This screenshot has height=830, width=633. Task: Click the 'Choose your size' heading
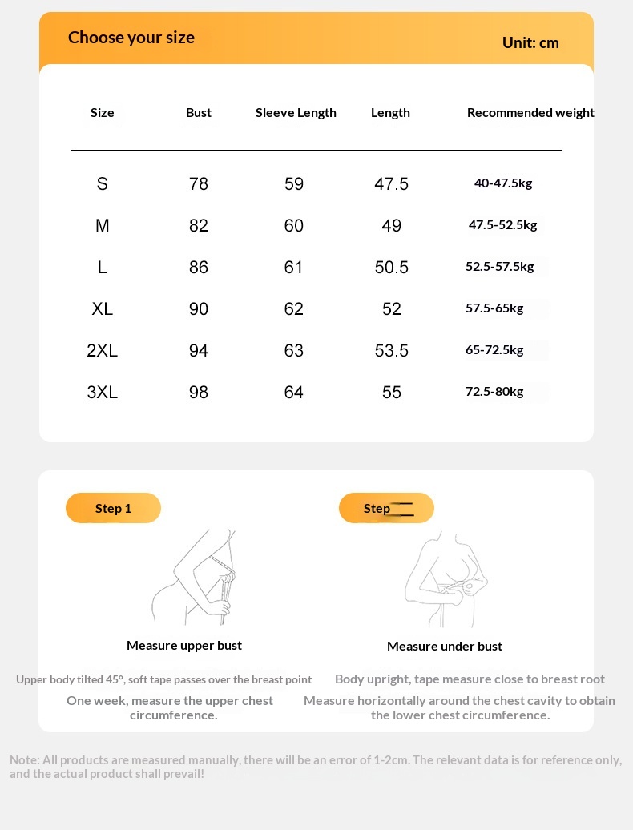pos(131,38)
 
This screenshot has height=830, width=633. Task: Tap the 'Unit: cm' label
pos(530,42)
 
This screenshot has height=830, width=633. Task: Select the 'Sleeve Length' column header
pos(296,113)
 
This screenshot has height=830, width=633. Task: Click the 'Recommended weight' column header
pos(530,113)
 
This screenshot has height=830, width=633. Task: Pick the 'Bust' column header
pos(199,113)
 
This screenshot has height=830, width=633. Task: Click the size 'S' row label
pos(102,184)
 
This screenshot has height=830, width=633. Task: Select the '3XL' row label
pos(102,393)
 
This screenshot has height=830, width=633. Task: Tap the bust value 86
pos(199,268)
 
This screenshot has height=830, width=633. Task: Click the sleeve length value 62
pos(294,309)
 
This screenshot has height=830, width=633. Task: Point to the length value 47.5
pos(391,184)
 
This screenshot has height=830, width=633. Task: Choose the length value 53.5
pos(391,351)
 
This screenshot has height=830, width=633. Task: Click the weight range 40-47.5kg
pos(503,183)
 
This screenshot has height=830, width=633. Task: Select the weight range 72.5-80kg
pos(494,392)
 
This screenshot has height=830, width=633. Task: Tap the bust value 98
pos(199,393)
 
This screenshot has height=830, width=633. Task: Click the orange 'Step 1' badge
pos(113,508)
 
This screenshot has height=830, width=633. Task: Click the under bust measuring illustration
pos(446,578)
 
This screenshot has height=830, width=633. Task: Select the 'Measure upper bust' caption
pos(184,646)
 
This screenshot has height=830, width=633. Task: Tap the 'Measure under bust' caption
pos(445,647)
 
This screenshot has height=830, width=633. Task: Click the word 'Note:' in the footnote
pos(25,760)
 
